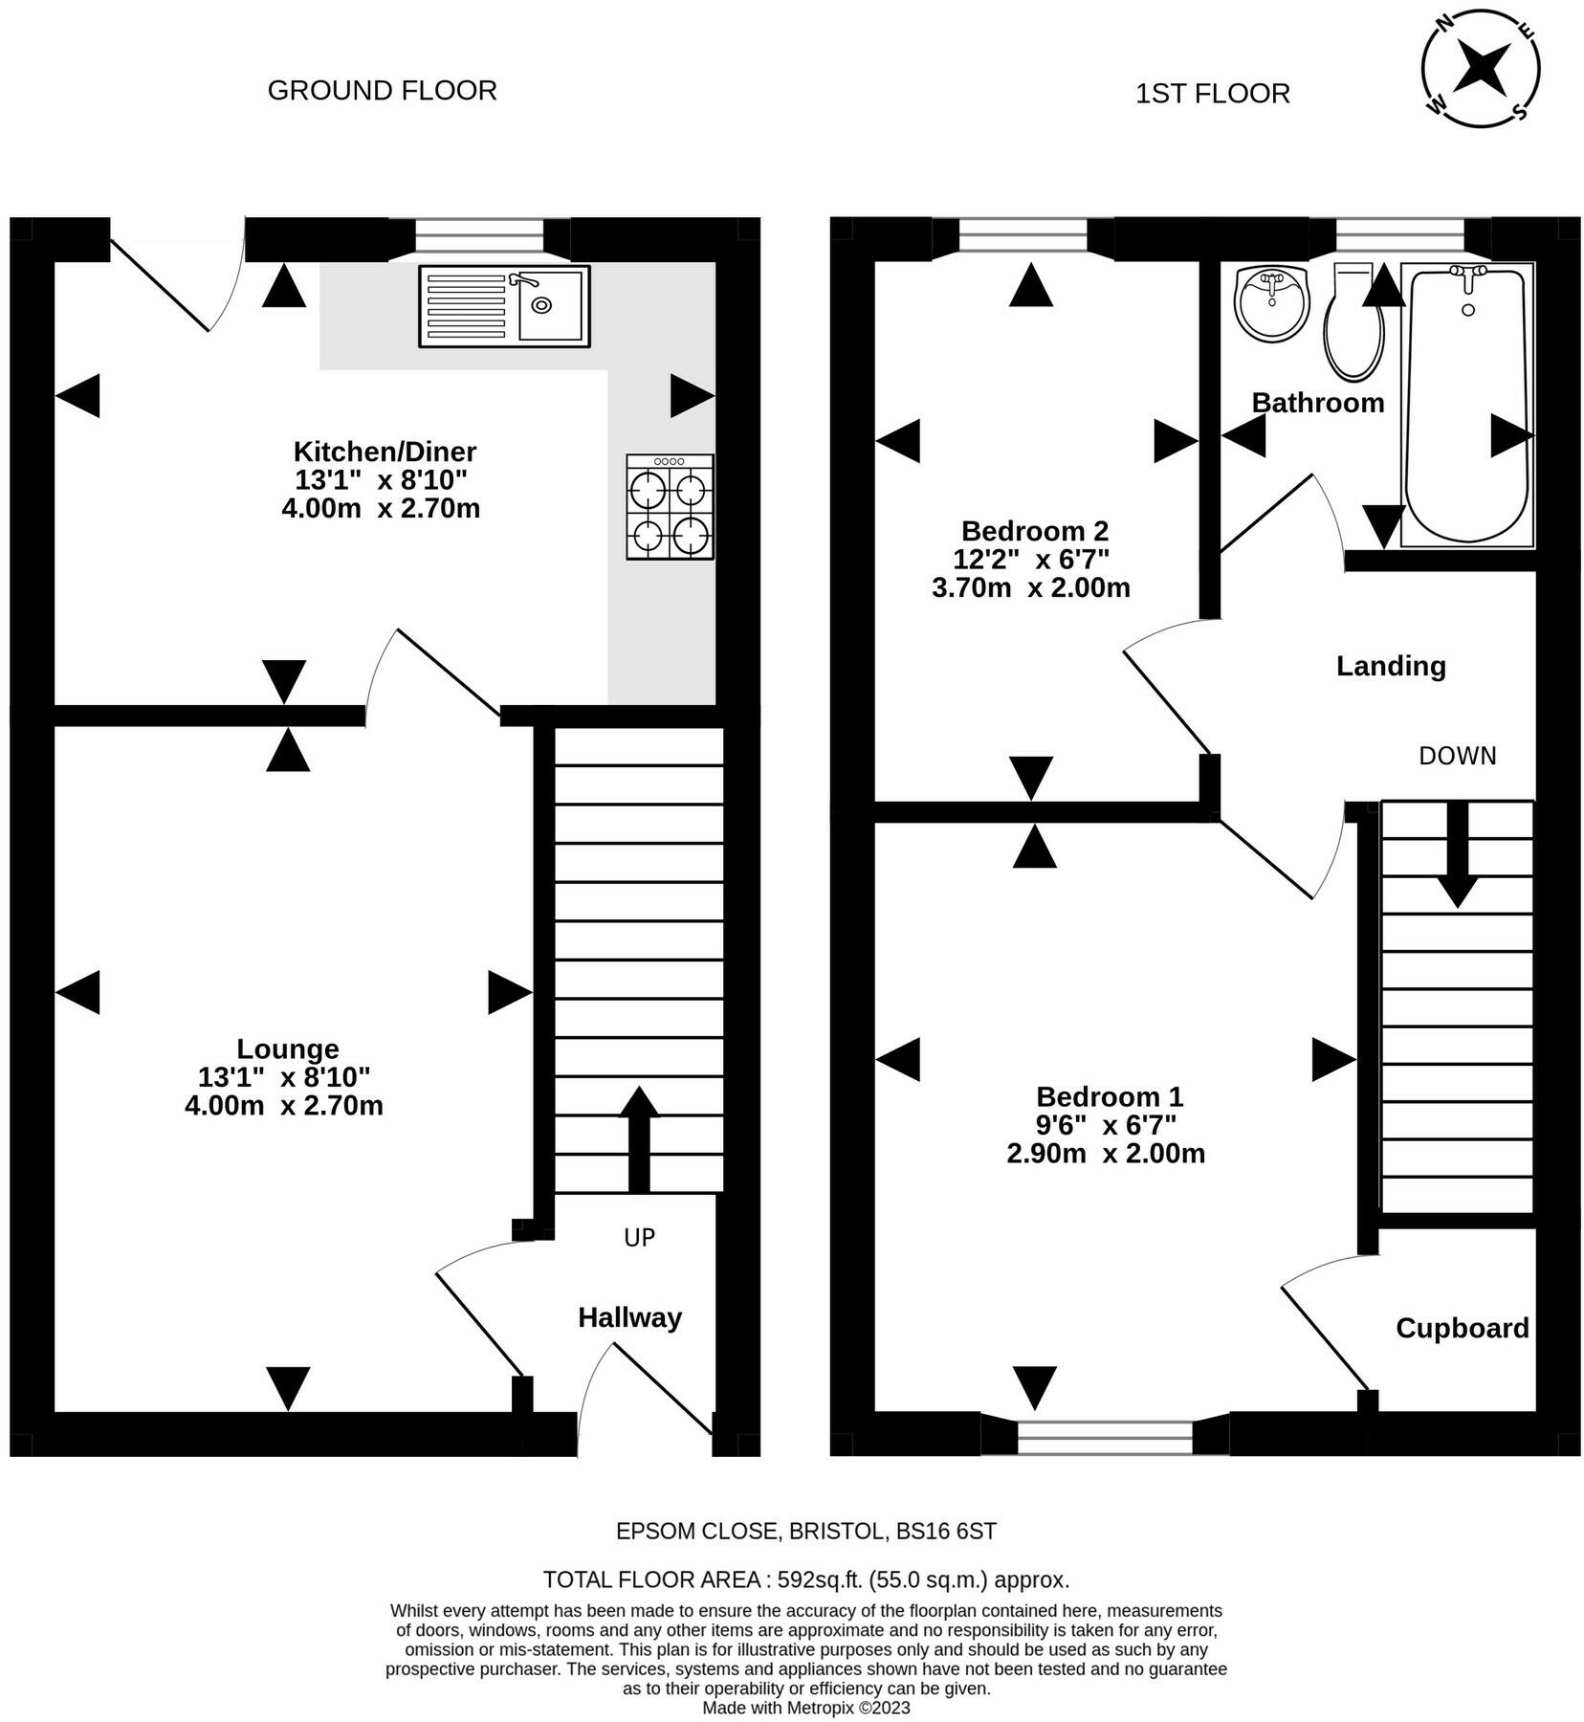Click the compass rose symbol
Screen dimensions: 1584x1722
pos(1481,68)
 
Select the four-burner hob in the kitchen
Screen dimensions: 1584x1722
pos(670,507)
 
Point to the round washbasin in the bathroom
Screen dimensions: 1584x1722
pos(1271,302)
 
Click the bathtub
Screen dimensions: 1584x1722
pos(1467,405)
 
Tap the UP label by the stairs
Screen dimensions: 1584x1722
pos(639,1237)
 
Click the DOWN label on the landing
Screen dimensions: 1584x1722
pos(1457,756)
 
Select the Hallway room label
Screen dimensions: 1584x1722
pos(629,1317)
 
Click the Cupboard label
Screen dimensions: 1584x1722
pos(1462,1328)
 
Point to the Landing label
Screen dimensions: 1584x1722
pos(1391,666)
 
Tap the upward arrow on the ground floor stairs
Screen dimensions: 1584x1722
pos(639,1138)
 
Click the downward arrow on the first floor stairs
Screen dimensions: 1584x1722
pos(1457,854)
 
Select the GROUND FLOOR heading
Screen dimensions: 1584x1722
pos(382,90)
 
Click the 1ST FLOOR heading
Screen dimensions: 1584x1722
pos(1212,94)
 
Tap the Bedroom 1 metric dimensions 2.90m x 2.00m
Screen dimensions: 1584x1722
pos(1105,1154)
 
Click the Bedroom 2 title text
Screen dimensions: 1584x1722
pos(1034,530)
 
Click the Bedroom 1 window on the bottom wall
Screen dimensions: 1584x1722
pos(1105,1437)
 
